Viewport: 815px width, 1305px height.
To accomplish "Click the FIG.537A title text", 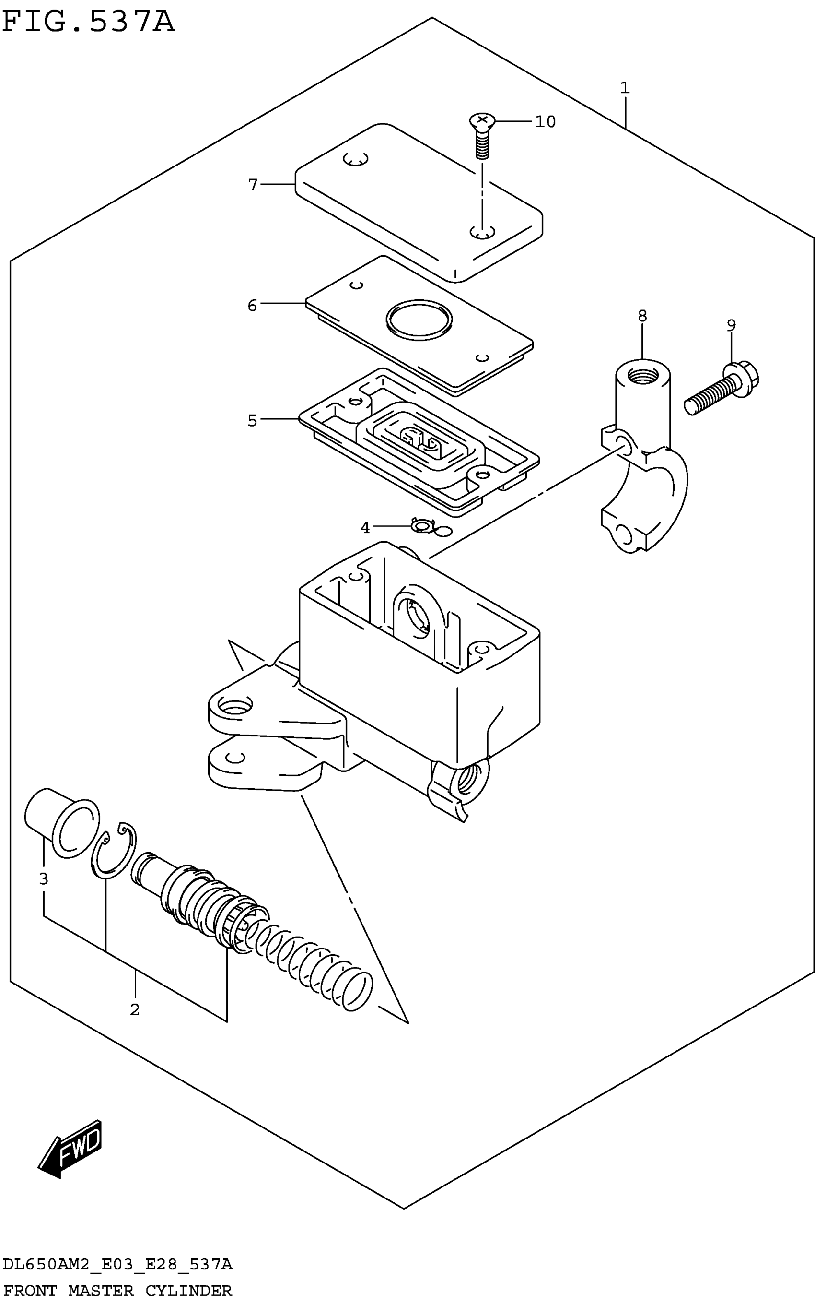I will [x=89, y=23].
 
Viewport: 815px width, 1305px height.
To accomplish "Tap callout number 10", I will [x=545, y=122].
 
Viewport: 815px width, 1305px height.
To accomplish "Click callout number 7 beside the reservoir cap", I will [x=253, y=185].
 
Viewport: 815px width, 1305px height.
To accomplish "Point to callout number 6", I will [x=252, y=306].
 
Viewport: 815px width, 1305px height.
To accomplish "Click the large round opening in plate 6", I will [x=419, y=321].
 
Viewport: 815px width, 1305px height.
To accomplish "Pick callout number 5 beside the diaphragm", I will [x=252, y=420].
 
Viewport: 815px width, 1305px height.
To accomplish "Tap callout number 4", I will [x=365, y=527].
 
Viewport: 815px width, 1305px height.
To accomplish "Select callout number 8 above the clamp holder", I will [x=642, y=316].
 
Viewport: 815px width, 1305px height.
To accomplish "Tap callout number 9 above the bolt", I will [x=731, y=325].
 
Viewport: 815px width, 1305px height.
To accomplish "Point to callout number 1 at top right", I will [x=625, y=87].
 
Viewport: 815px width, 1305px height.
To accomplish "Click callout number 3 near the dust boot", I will [x=44, y=879].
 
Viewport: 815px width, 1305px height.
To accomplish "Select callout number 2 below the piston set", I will [x=135, y=1009].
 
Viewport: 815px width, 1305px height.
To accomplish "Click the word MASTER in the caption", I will [x=101, y=1291].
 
